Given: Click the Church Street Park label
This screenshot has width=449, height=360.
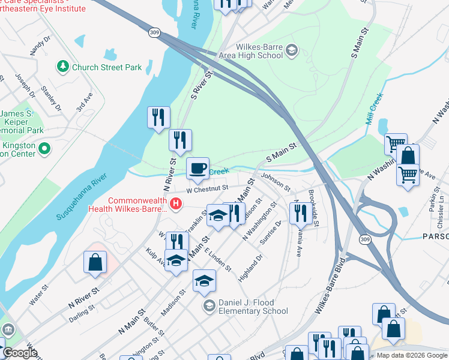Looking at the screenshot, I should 107,67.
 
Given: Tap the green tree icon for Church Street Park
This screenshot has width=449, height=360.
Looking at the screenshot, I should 62,66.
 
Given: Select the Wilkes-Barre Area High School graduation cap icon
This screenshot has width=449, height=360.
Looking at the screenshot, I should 292,49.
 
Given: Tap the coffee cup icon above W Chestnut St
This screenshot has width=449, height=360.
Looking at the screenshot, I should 197,169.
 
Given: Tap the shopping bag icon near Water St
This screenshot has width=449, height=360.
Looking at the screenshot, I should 95,263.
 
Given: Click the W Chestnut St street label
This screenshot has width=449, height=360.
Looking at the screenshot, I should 208,188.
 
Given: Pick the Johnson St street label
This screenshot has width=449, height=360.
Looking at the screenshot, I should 276,181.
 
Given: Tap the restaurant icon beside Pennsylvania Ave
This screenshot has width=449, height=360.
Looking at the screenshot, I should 298,213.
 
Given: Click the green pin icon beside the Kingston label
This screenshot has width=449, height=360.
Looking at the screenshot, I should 43,148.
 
